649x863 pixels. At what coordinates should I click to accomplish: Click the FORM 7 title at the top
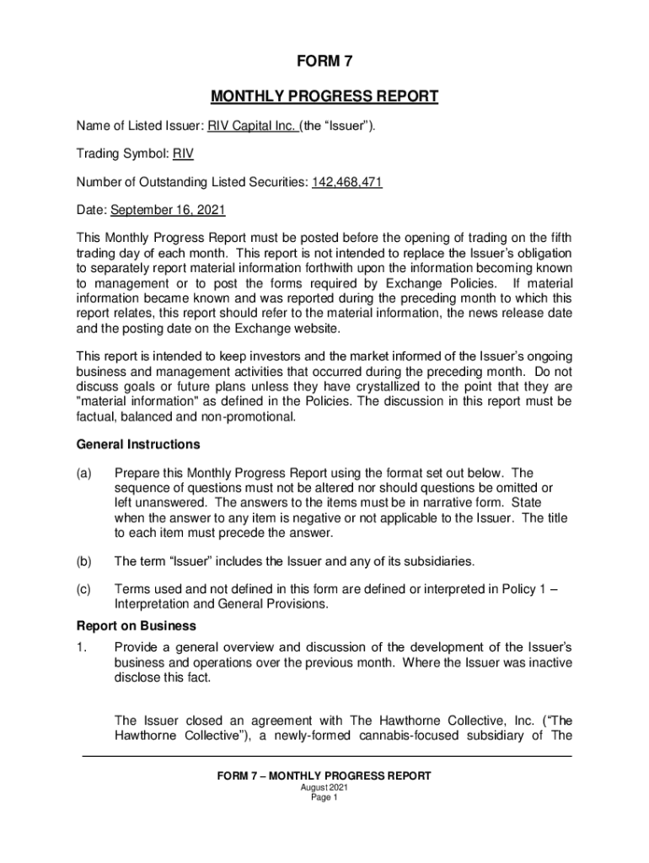pos(324,61)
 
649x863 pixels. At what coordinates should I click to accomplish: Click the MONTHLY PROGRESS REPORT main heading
pos(324,96)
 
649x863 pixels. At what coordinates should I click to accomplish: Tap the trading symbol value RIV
pos(184,153)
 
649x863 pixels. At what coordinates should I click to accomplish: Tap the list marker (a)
pos(84,473)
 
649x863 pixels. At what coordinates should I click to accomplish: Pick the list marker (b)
pos(84,560)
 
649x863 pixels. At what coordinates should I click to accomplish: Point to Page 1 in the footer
pos(324,798)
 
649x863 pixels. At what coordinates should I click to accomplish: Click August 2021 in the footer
pos(324,788)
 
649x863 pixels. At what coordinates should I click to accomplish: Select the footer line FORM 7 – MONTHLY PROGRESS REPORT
pos(324,776)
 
